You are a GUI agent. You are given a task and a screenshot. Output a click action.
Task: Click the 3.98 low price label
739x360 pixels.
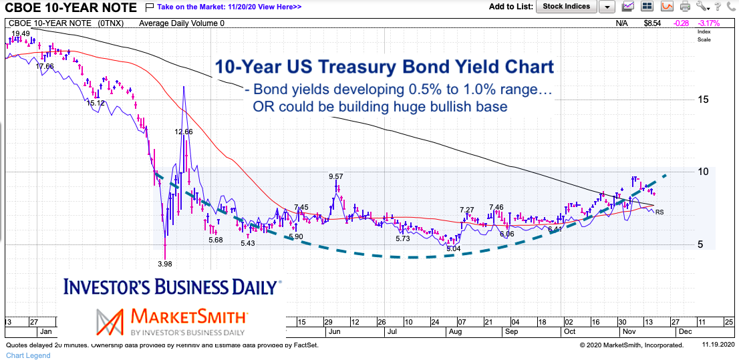click(164, 264)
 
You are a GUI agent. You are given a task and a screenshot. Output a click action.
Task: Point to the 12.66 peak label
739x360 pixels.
click(184, 132)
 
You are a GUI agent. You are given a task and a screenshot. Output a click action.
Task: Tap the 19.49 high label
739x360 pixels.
click(20, 33)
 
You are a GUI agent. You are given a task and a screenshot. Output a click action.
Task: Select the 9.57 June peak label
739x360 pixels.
click(335, 176)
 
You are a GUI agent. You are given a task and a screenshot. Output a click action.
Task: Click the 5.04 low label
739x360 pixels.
click(454, 248)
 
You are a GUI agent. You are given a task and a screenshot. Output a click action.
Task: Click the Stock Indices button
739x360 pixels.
click(566, 7)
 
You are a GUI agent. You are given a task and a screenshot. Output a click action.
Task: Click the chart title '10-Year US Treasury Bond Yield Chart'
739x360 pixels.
click(384, 67)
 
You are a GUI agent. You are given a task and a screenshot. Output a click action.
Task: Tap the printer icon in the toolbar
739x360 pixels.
click(684, 7)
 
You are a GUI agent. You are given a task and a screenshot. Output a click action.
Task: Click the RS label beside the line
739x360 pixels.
click(659, 212)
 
